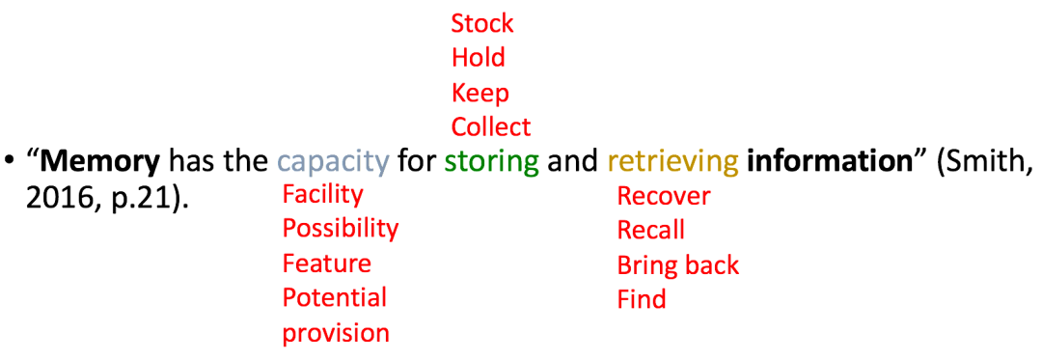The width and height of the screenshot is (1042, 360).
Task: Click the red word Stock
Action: [x=482, y=23]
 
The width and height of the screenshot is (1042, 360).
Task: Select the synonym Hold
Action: [x=478, y=58]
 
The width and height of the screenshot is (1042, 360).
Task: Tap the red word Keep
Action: [x=480, y=94]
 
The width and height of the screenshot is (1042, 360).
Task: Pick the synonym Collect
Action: [x=490, y=127]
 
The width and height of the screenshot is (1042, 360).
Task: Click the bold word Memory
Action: [x=100, y=161]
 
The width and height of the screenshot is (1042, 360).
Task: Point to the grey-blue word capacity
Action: [x=333, y=161]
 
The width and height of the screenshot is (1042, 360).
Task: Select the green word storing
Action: [x=491, y=161]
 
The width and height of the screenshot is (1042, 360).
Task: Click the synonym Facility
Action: [x=322, y=195]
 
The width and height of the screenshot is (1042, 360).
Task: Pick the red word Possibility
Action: [x=340, y=229]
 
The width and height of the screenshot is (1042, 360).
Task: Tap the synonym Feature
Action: [x=326, y=263]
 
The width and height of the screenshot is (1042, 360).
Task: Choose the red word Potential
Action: [x=334, y=297]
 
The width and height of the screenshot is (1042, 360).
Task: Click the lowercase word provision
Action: [x=336, y=333]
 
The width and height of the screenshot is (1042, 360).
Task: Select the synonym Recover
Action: [x=663, y=196]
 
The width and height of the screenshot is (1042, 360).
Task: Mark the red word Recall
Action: [x=650, y=231]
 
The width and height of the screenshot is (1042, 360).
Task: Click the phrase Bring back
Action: [x=677, y=265]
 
